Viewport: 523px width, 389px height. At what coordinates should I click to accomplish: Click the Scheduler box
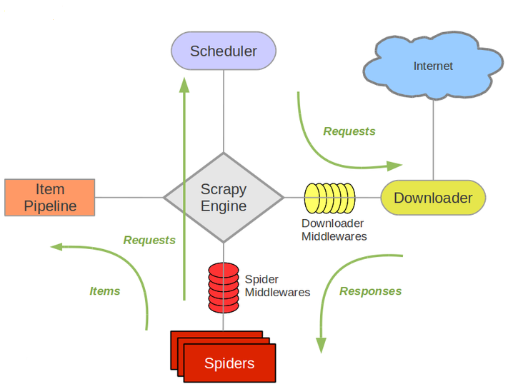point(224,51)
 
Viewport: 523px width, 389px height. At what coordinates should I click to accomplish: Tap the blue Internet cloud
point(433,66)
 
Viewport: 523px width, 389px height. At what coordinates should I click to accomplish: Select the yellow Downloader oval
point(433,198)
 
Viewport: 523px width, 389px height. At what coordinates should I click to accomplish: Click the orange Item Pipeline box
point(50,198)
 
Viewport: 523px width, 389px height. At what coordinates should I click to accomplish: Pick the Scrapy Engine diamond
point(224,198)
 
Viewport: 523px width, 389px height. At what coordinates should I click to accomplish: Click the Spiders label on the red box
point(229,363)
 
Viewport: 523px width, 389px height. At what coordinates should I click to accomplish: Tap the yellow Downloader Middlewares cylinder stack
point(329,198)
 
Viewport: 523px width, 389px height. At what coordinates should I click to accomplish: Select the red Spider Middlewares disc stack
point(224,283)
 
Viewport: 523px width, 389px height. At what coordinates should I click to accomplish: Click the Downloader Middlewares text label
point(334,230)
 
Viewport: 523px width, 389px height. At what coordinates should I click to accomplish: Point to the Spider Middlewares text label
point(277,286)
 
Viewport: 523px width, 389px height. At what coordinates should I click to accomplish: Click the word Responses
point(370,291)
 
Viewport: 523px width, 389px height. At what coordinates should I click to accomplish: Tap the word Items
point(105,291)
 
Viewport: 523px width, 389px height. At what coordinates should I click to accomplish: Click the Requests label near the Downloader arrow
point(349,131)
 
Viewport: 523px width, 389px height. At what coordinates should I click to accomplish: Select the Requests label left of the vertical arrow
point(149,241)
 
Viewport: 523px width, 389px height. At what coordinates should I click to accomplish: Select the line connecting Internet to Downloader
point(433,139)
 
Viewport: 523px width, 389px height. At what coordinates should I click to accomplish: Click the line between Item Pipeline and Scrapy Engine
point(130,198)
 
